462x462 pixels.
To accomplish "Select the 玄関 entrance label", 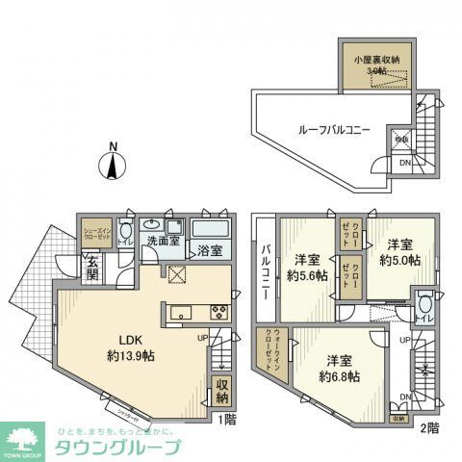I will point(91,267).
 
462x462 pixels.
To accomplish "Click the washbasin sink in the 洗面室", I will point(152,224).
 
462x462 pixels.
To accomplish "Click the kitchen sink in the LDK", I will point(182,313).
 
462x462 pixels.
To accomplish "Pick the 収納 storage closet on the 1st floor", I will point(221,391).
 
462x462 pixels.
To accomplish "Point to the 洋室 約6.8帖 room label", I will point(340,368).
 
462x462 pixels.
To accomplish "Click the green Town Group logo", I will point(26,441).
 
